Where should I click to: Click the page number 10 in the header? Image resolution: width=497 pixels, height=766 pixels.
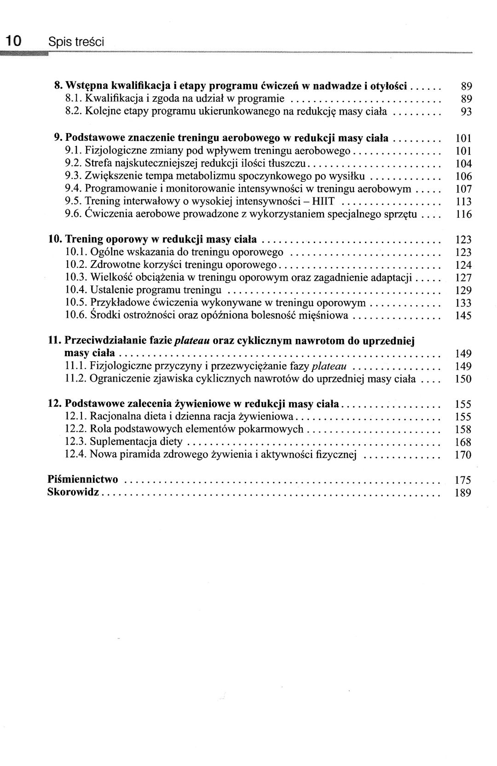[13, 41]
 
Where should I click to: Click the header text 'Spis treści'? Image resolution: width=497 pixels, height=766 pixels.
[76, 42]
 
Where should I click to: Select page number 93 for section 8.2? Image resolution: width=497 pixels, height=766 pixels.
[466, 111]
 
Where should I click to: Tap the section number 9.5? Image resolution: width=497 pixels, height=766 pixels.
[74, 201]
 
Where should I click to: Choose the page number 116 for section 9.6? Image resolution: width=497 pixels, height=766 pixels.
[463, 214]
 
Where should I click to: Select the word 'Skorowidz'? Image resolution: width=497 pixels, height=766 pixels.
[73, 493]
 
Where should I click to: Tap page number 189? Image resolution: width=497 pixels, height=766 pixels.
[463, 493]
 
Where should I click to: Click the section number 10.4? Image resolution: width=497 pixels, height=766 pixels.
[76, 290]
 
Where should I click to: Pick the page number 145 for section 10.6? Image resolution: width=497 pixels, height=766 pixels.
[463, 316]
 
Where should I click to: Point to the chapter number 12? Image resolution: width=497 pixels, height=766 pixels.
[54, 404]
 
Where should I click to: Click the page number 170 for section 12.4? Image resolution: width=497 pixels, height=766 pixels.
[463, 455]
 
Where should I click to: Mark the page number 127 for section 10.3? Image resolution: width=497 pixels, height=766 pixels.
[463, 278]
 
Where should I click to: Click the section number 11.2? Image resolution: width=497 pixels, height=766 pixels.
[76, 379]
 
